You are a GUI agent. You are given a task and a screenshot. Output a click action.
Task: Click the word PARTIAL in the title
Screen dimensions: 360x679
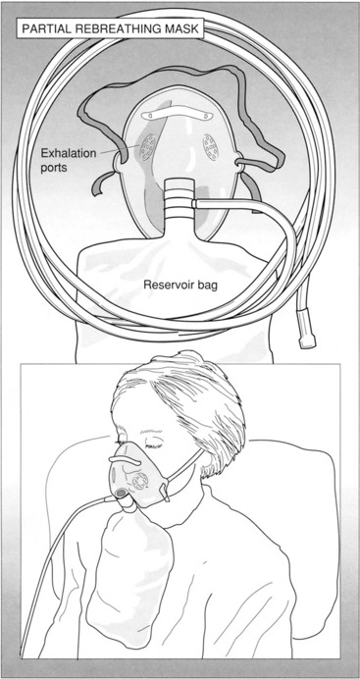pyautogui.click(x=42, y=29)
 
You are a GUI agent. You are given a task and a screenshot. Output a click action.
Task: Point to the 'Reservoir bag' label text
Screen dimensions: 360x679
pyautogui.click(x=180, y=286)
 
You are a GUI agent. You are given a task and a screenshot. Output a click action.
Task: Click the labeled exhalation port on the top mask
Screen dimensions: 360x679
pyautogui.click(x=148, y=147)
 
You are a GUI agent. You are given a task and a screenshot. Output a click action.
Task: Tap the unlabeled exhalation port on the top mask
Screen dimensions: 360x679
pyautogui.click(x=211, y=147)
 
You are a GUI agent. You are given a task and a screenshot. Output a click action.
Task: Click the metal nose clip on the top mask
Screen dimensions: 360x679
pyautogui.click(x=178, y=115)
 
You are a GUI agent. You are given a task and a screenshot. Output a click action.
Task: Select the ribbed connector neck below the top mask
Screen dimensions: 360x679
pyautogui.click(x=179, y=199)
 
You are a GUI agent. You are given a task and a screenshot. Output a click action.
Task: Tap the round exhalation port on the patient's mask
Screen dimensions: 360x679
pyautogui.click(x=139, y=481)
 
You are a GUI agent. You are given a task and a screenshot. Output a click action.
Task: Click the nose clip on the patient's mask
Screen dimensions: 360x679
pyautogui.click(x=125, y=460)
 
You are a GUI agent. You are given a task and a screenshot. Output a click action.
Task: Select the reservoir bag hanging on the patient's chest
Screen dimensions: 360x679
pyautogui.click(x=129, y=576)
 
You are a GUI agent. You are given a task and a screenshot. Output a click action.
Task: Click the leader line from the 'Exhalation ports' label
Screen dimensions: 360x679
pyautogui.click(x=113, y=150)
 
